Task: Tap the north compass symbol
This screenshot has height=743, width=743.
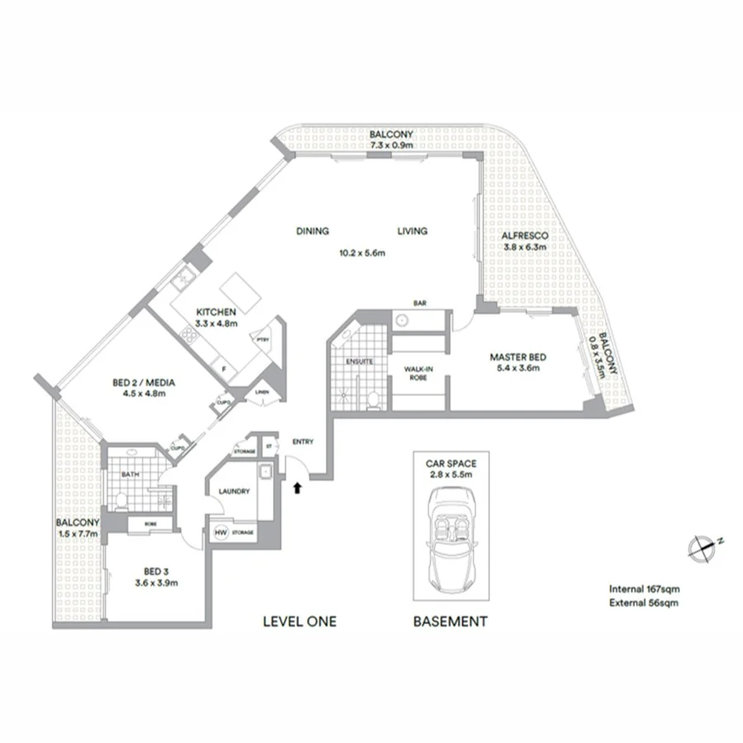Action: coord(703,547)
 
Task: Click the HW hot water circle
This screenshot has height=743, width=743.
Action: coord(220,533)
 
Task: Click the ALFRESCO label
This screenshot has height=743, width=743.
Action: coord(526,234)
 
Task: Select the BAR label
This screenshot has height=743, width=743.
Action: coord(419,304)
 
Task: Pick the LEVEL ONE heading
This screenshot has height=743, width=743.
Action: coord(299,622)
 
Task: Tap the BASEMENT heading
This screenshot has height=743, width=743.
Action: coord(450,622)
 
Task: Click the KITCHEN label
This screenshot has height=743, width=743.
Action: coord(216,312)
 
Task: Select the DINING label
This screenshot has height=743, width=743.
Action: coord(313,231)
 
